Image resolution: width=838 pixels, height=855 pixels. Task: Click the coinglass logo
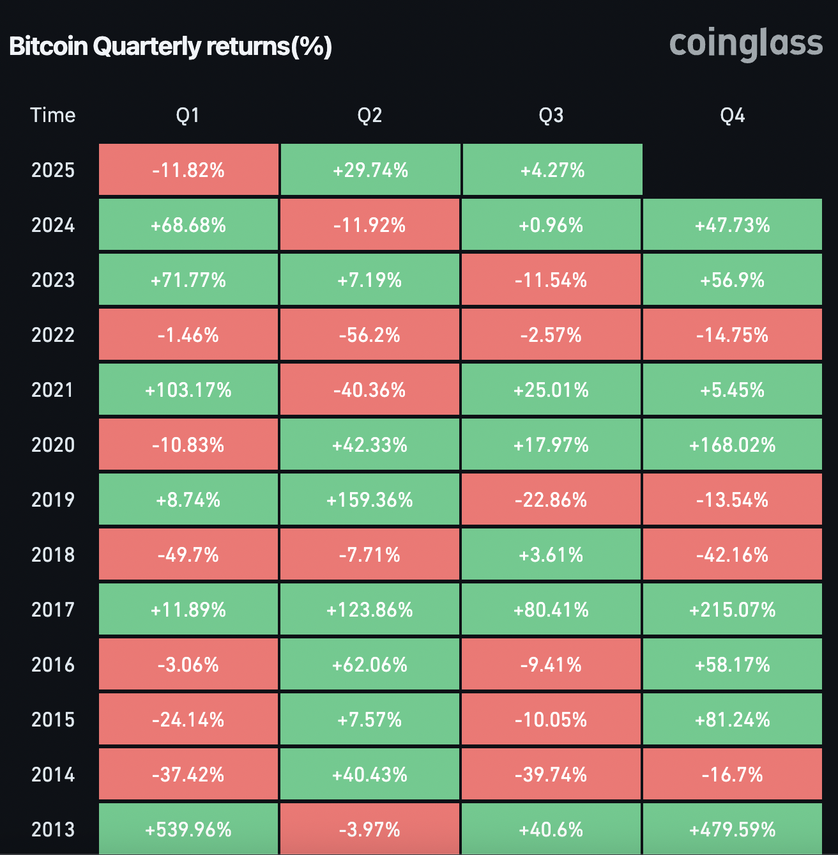(x=745, y=44)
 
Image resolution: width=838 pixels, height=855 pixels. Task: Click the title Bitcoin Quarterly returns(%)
(x=171, y=47)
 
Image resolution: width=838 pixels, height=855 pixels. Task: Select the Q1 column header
(x=188, y=115)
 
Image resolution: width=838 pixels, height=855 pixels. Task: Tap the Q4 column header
(x=732, y=115)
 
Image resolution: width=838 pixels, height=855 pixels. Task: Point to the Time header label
(x=53, y=115)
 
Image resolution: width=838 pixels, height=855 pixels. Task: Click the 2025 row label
(x=53, y=170)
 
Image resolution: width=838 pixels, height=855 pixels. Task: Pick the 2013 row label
(x=53, y=829)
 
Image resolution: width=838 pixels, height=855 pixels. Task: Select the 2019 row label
(x=53, y=500)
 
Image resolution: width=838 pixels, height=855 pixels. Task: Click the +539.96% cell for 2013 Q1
(x=188, y=829)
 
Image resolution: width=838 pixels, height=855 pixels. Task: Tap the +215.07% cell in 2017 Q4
(x=732, y=610)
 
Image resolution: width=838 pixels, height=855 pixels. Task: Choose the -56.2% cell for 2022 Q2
(x=370, y=335)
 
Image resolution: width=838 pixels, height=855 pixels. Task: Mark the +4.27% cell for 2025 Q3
(x=552, y=170)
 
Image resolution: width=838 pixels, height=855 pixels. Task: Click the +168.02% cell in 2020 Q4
(x=732, y=445)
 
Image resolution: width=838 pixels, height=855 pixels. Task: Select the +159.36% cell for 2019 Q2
(x=370, y=500)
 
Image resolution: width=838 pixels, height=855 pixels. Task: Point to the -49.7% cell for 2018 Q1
(x=188, y=555)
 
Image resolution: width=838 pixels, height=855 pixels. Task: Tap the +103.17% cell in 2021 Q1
(x=188, y=390)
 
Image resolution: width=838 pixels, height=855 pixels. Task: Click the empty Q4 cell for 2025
(x=732, y=170)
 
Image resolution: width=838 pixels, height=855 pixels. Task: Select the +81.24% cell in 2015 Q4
(x=732, y=720)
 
